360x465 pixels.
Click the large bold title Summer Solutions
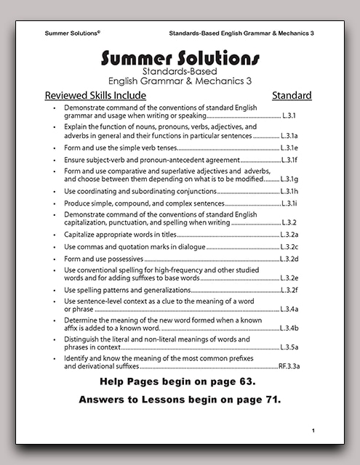(180, 57)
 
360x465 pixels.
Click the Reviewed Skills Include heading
(95, 95)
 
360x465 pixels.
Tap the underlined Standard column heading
(292, 95)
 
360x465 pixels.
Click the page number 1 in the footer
(313, 431)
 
